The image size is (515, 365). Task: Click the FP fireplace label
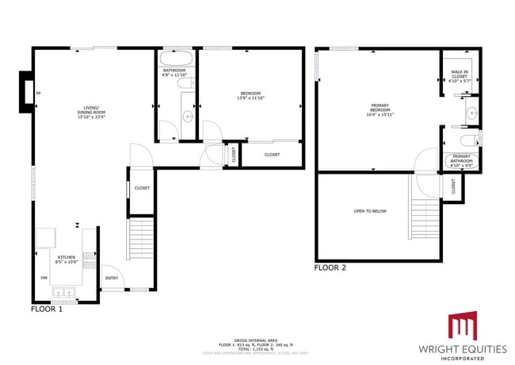pyautogui.click(x=38, y=94)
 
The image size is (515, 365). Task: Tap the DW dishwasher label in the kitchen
pyautogui.click(x=44, y=278)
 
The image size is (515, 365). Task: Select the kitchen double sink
pyautogui.click(x=63, y=294)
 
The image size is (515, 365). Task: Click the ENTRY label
pyautogui.click(x=110, y=278)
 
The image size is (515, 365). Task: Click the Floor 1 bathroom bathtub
pyautogui.click(x=174, y=59)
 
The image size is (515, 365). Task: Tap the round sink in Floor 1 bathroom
pyautogui.click(x=188, y=116)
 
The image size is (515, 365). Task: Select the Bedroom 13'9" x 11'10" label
pyautogui.click(x=250, y=97)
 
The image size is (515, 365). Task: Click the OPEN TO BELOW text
pyautogui.click(x=370, y=211)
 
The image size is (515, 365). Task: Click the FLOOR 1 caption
pyautogui.click(x=47, y=309)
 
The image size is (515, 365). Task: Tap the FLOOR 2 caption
pyautogui.click(x=330, y=268)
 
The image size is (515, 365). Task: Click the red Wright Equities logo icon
pyautogui.click(x=463, y=327)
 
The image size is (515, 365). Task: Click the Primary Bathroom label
pyautogui.click(x=460, y=162)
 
